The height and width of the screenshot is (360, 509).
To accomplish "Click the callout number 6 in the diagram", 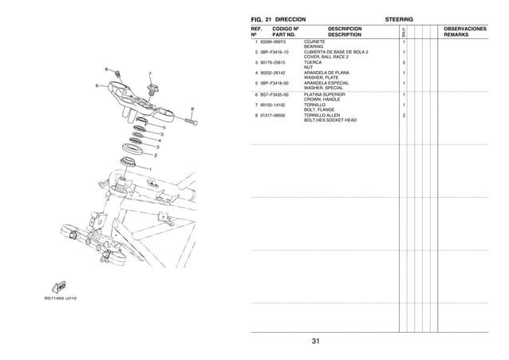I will (97, 85).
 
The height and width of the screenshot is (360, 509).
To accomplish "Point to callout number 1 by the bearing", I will (148, 169).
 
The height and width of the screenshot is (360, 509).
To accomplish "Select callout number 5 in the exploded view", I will (164, 127).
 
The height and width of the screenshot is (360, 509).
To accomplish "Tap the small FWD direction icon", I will (59, 286).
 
